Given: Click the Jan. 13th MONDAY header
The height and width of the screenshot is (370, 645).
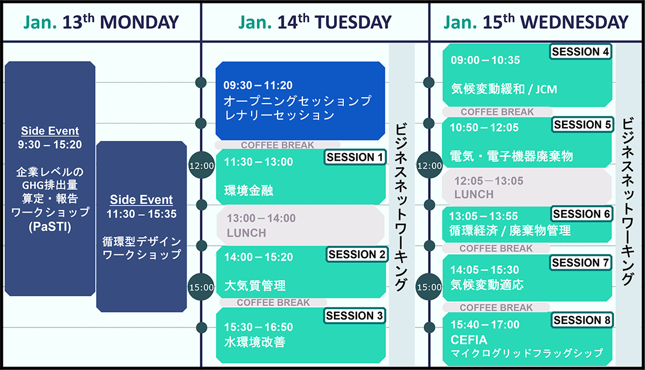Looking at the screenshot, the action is (101, 22).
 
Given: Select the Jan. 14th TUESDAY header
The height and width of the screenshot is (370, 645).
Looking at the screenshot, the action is (315, 22).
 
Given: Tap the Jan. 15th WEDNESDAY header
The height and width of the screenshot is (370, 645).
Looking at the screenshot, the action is (536, 22).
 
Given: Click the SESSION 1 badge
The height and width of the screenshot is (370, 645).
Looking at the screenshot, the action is (355, 157).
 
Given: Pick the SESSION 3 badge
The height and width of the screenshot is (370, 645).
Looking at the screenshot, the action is (354, 316).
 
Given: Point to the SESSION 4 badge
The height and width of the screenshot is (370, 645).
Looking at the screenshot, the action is (580, 51).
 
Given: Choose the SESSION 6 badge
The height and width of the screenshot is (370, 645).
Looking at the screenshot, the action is (581, 214).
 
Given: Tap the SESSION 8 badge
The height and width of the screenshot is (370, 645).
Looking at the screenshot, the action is (582, 320).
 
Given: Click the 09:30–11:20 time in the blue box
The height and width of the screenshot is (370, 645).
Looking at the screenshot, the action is (258, 85).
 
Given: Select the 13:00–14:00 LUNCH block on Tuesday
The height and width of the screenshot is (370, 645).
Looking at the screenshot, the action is (301, 226).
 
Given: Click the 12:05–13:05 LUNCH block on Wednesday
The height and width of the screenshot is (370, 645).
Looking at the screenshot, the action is (527, 188).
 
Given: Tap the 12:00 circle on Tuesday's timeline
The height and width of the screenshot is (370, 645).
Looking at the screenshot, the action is (202, 165).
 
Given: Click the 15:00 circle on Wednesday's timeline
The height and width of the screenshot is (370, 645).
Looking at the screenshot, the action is (429, 287).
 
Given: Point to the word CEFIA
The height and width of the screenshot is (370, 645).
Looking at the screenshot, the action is (469, 340).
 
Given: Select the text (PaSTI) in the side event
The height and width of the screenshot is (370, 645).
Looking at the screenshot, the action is (50, 227).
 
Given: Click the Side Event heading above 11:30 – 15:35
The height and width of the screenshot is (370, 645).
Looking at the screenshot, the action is (141, 200).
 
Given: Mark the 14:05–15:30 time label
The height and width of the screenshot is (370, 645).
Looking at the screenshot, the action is (484, 270).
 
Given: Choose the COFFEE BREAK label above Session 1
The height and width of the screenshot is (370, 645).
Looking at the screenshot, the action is (277, 145).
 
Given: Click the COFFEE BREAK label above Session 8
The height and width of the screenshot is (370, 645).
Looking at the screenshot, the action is (496, 307).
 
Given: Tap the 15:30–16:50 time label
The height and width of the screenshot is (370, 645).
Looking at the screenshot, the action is (259, 327).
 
